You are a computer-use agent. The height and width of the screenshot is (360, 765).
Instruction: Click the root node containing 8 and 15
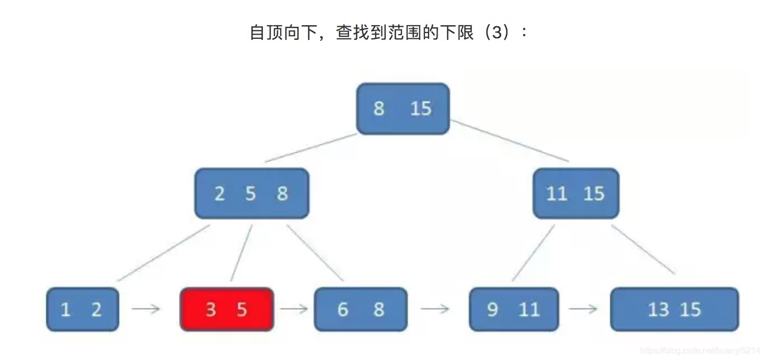point(402,109)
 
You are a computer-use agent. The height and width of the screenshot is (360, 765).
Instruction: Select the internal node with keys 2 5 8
point(251,193)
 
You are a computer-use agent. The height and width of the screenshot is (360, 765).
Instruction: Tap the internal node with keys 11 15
point(576,194)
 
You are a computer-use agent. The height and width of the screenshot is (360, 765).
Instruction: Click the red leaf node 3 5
point(227,309)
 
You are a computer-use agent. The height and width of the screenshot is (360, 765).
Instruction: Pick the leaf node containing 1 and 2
point(82,309)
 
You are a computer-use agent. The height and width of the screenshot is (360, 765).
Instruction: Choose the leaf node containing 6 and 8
point(360,309)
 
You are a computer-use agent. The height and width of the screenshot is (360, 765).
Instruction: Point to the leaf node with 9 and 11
point(513,309)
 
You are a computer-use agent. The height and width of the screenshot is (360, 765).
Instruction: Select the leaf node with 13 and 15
point(674,309)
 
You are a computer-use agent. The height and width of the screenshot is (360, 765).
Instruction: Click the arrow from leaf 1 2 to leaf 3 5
point(146,309)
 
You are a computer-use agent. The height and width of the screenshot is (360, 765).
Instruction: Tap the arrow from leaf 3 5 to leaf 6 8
point(294,309)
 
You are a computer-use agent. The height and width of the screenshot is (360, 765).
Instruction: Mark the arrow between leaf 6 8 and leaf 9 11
point(435,309)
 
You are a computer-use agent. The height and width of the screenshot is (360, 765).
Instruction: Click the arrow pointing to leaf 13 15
point(583,309)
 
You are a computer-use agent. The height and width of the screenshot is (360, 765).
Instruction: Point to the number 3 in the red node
point(211,310)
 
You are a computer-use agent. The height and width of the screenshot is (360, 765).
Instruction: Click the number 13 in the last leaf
point(658,310)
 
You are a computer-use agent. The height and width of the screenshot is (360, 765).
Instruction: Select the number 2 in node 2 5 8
point(219,194)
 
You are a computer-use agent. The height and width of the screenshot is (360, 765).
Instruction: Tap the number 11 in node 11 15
point(557,194)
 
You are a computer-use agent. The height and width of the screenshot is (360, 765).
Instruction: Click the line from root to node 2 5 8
point(311,148)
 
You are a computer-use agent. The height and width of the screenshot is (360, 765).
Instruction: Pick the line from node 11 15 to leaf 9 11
point(533,253)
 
